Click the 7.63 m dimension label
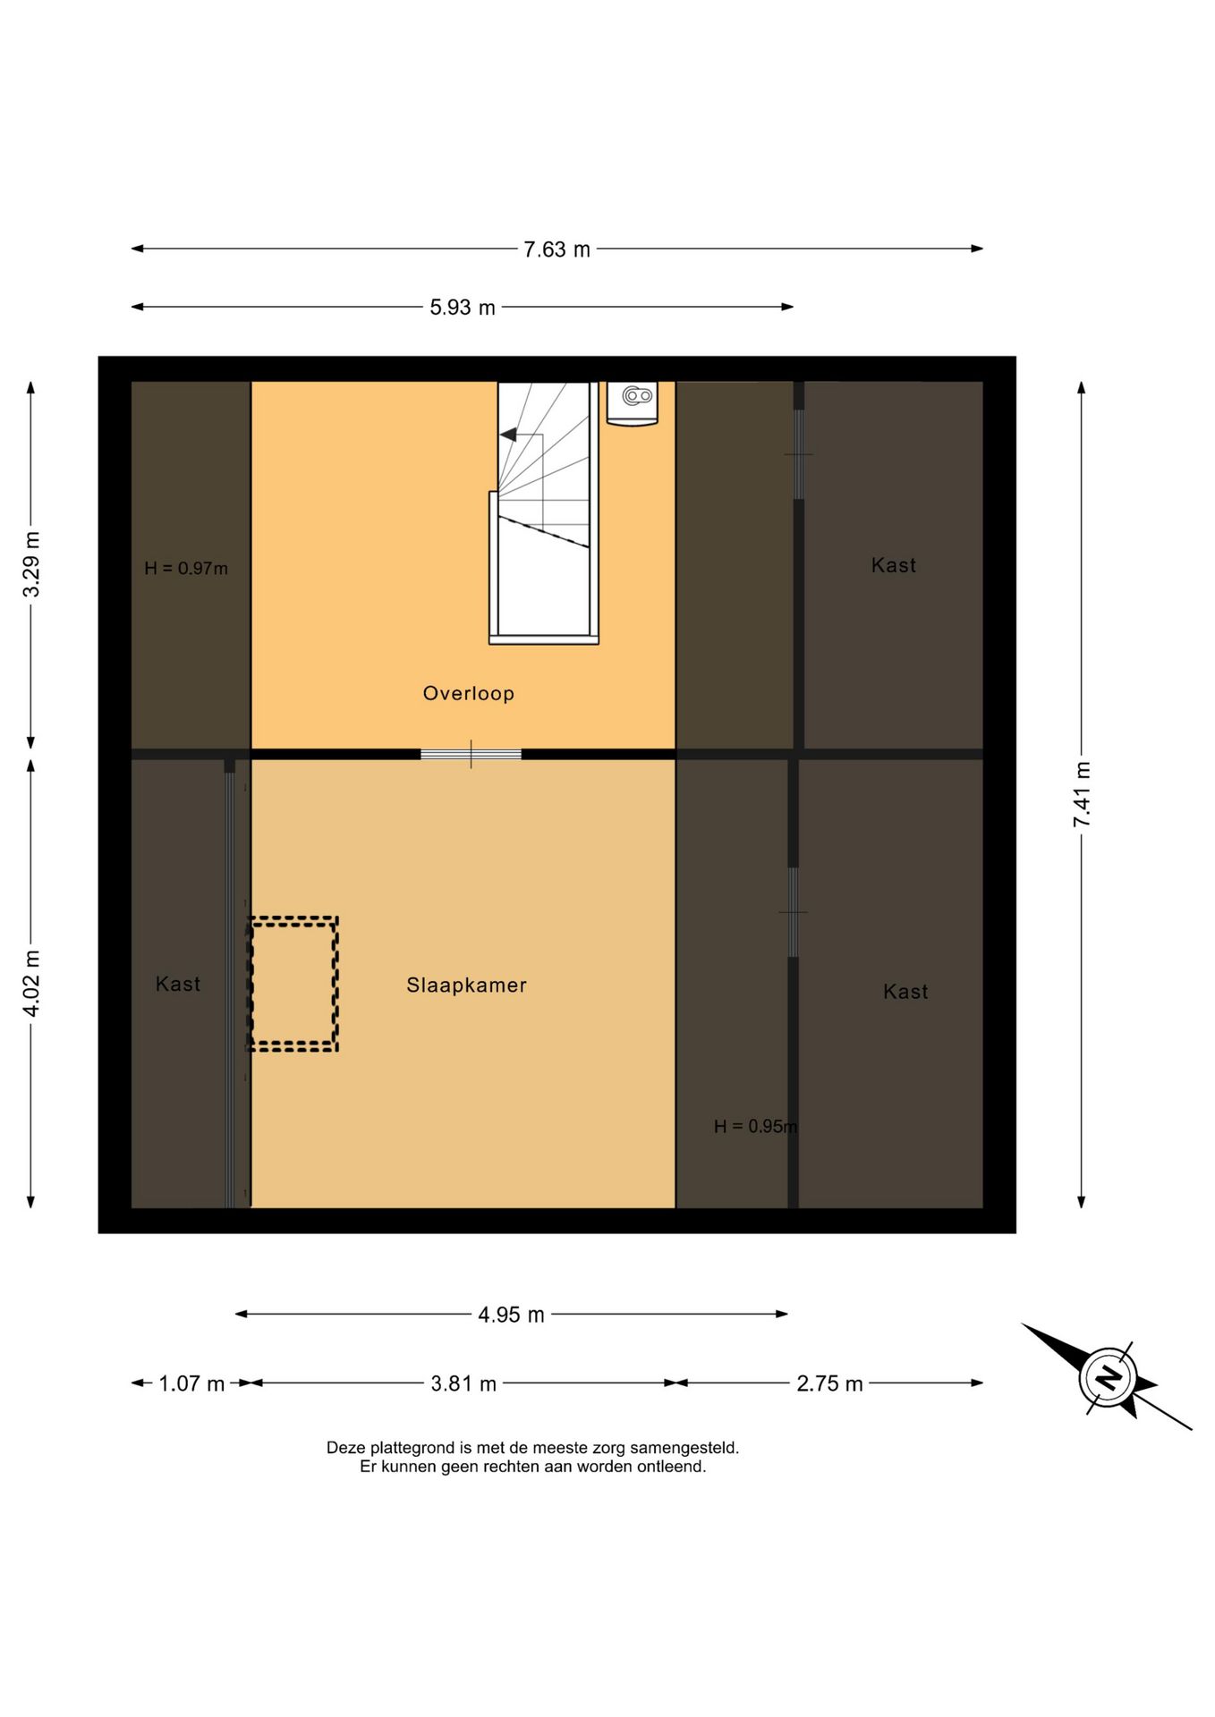[x=557, y=250]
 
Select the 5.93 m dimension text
[x=462, y=308]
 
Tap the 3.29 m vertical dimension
[x=31, y=564]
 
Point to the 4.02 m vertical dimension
[x=31, y=983]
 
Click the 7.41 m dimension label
[x=1083, y=794]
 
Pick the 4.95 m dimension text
[x=511, y=1315]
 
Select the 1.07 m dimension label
[x=191, y=1383]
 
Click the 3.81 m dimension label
[x=463, y=1383]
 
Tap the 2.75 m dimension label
[x=829, y=1383]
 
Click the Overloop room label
[x=468, y=693]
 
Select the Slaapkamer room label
[x=466, y=985]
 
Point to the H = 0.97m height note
[x=186, y=568]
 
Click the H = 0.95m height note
[x=755, y=1126]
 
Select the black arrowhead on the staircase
[x=508, y=435]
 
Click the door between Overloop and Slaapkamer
[x=471, y=755]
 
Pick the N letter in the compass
[x=1109, y=1377]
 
